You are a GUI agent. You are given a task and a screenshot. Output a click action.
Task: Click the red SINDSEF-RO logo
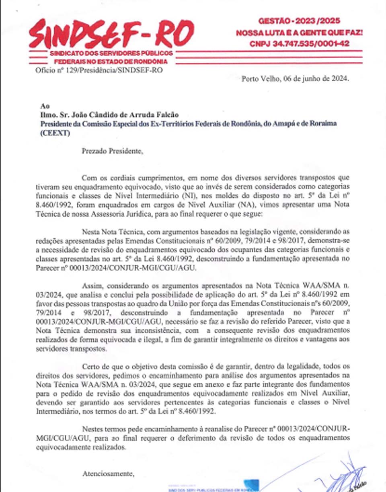tap(111, 34)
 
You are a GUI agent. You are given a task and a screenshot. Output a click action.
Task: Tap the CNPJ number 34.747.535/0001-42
tap(299, 43)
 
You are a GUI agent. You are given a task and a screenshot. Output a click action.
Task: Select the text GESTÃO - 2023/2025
tap(299, 20)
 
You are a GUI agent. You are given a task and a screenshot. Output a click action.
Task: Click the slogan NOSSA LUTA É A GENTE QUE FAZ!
tap(299, 32)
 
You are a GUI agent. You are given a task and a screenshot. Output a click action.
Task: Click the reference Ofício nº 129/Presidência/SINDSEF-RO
tap(99, 70)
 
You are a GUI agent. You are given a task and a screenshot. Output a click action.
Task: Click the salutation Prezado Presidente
tap(112, 151)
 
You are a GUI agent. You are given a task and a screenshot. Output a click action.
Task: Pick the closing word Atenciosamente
tap(108, 474)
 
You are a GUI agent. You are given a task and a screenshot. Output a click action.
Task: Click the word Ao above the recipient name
tap(45, 107)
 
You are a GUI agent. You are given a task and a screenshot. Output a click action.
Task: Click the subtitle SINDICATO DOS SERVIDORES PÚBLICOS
tap(111, 53)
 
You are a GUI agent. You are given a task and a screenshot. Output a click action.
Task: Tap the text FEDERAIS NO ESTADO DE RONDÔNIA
tap(111, 61)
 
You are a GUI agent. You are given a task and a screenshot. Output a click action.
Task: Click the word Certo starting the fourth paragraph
tap(90, 367)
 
